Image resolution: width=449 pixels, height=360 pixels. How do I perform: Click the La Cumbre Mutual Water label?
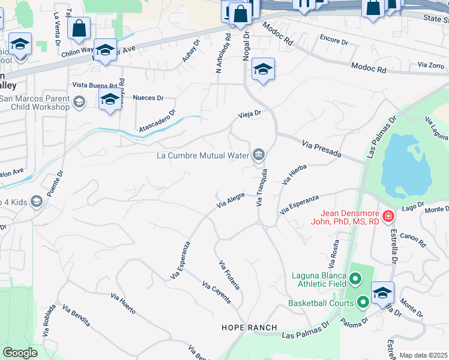pyautogui.click(x=202, y=155)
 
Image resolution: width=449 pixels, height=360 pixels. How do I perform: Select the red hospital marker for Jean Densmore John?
pyautogui.click(x=388, y=215)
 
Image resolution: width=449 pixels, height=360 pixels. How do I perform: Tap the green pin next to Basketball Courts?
pyautogui.click(x=362, y=302)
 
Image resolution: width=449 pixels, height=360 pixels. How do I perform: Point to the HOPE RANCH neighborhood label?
pyautogui.click(x=249, y=328)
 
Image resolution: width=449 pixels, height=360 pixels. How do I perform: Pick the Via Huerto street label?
pyautogui.click(x=123, y=304)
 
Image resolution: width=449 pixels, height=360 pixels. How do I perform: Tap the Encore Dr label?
pyautogui.click(x=334, y=42)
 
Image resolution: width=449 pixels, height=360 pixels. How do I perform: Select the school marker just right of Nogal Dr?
pyautogui.click(x=263, y=70)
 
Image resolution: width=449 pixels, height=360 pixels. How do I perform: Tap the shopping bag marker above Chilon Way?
pyautogui.click(x=79, y=28)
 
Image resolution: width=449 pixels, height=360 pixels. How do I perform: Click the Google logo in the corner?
pyautogui.click(x=20, y=353)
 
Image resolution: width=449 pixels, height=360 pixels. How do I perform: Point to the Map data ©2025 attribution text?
pyautogui.click(x=423, y=355)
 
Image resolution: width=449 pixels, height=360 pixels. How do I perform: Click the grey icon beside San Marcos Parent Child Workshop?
pyautogui.click(x=79, y=103)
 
